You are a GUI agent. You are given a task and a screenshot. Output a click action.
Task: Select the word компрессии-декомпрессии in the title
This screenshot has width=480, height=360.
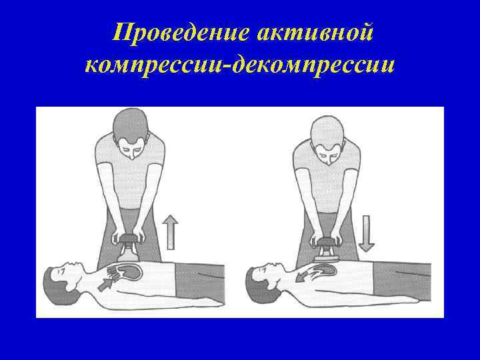pyautogui.click(x=240, y=65)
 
